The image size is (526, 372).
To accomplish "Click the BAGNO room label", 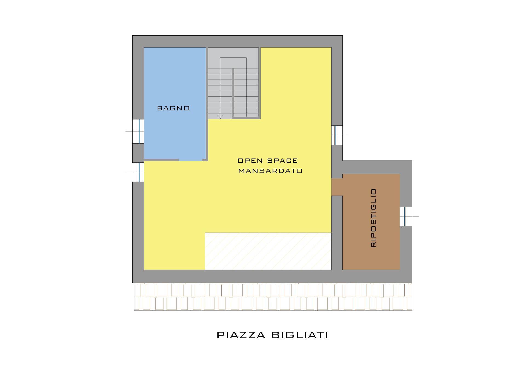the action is pyautogui.click(x=173, y=108).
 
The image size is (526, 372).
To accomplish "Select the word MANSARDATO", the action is pyautogui.click(x=270, y=171).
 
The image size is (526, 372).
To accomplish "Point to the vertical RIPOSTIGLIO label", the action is pyautogui.click(x=373, y=218).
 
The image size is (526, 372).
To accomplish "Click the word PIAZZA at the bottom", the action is pyautogui.click(x=241, y=335).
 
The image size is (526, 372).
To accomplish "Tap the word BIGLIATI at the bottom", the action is pyautogui.click(x=299, y=335).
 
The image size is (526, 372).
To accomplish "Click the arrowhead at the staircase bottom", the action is pyautogui.click(x=220, y=117).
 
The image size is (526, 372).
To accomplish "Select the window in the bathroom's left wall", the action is pyautogui.click(x=138, y=131).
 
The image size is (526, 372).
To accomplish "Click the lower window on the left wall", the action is pyautogui.click(x=138, y=172).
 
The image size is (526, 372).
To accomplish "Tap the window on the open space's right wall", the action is pyautogui.click(x=337, y=135).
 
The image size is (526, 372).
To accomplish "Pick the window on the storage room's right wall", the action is pyautogui.click(x=406, y=216).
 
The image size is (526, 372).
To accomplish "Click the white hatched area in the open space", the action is pyautogui.click(x=268, y=251).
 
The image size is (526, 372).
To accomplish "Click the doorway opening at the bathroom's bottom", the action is pyautogui.click(x=190, y=160).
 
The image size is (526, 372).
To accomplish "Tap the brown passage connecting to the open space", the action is pyautogui.click(x=337, y=187).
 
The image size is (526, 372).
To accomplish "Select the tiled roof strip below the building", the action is pyautogui.click(x=273, y=296).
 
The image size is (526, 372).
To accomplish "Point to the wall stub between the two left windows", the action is pyautogui.click(x=138, y=153).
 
